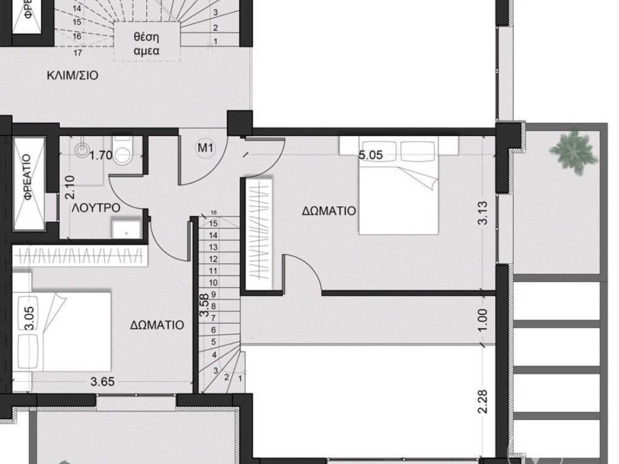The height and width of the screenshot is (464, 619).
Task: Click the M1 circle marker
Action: tap(206, 146)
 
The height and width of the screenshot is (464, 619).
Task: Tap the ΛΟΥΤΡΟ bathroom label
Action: tap(96, 207)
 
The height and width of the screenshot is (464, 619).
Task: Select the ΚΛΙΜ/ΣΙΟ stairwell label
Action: tap(73, 76)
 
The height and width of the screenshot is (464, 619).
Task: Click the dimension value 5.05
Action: tap(371, 155)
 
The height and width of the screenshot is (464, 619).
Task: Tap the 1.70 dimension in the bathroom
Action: tap(100, 155)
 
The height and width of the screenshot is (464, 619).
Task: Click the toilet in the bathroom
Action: tap(124, 153)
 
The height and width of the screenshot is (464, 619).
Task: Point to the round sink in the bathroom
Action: tap(83, 149)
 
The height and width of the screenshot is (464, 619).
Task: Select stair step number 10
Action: tap(213, 282)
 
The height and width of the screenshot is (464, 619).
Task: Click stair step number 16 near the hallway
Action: tap(213, 213)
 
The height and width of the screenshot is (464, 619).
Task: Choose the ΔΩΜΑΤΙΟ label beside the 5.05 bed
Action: tap(329, 211)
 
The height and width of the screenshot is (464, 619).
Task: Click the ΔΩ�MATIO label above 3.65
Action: tap(157, 324)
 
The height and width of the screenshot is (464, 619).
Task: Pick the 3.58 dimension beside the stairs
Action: tap(206, 305)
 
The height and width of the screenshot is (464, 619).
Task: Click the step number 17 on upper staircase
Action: tap(77, 53)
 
